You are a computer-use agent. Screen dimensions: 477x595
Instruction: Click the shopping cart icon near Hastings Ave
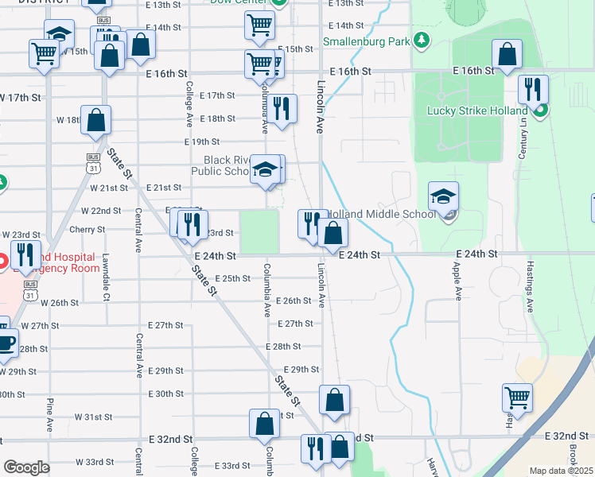pos(518,397)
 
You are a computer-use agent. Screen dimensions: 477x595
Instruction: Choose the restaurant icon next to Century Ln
pos(533,88)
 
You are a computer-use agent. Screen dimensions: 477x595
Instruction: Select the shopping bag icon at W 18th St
pos(95,120)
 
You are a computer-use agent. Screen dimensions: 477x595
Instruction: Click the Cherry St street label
pos(88,230)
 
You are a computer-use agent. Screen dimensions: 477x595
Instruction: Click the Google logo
pos(26,467)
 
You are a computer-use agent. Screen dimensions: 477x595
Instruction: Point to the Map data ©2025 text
pos(560,471)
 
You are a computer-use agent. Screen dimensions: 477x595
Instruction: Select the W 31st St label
pos(94,417)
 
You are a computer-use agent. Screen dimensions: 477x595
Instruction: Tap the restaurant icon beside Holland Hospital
pos(25,254)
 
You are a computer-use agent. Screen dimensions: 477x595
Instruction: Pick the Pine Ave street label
pos(49,414)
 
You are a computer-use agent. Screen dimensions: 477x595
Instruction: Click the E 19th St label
pos(190,142)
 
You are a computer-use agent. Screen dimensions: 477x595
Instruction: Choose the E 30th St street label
pos(165,394)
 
